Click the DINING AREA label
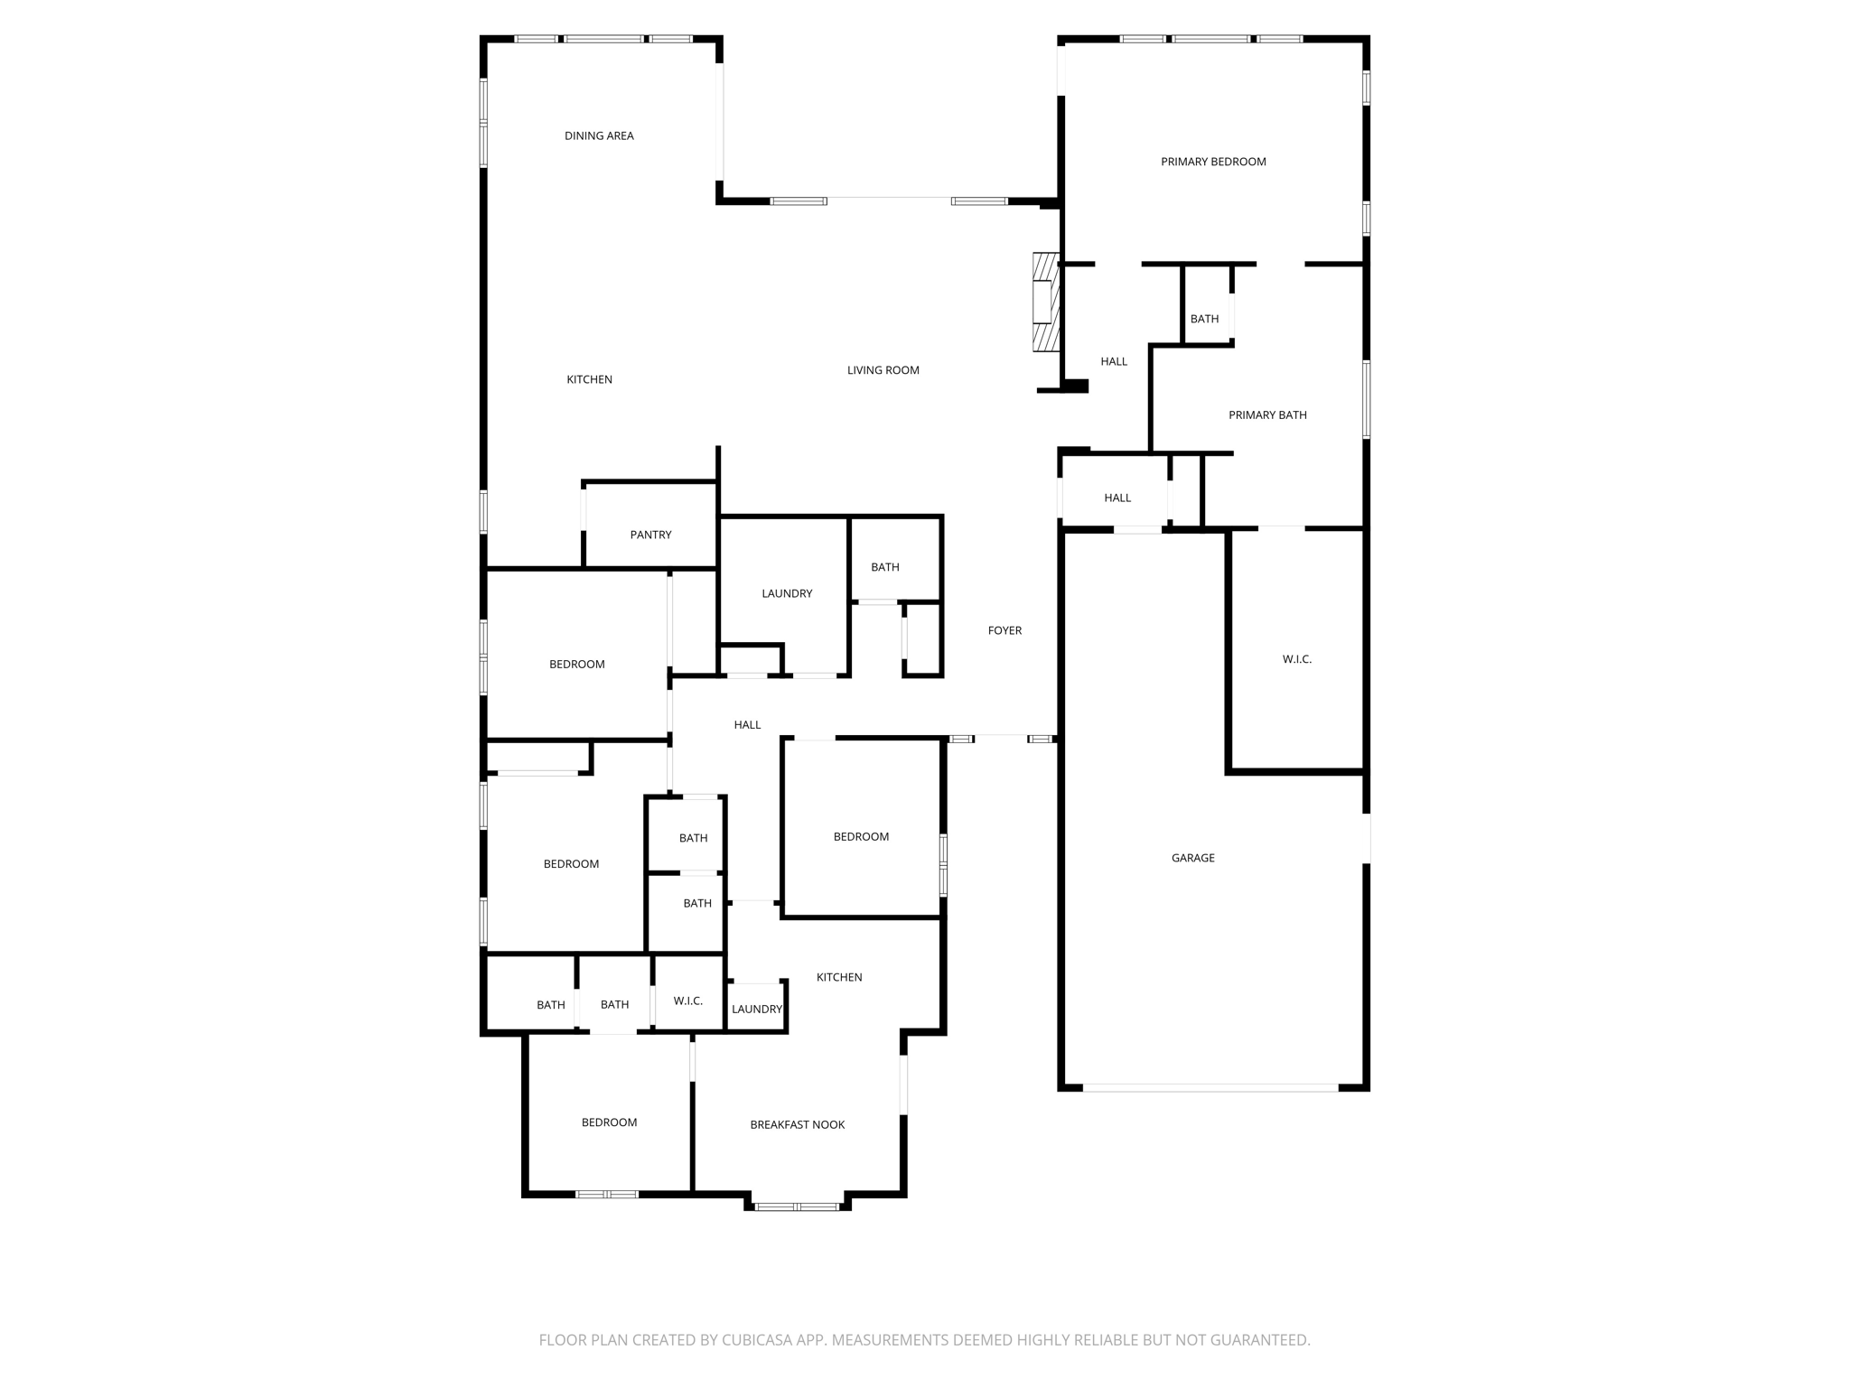(x=599, y=135)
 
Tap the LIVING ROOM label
(x=883, y=370)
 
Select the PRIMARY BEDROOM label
(x=1213, y=162)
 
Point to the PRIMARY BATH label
(x=1267, y=415)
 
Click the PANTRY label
(x=650, y=535)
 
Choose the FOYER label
(x=1004, y=630)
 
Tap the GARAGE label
(x=1192, y=858)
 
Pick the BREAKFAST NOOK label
(x=797, y=1124)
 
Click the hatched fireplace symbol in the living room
(x=1046, y=302)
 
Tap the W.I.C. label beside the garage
(x=1296, y=659)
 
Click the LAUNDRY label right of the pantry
(x=787, y=593)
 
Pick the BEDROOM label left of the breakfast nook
(x=609, y=1122)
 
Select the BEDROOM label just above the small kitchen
(x=861, y=837)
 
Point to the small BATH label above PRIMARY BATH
(x=1204, y=319)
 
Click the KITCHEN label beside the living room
(x=589, y=379)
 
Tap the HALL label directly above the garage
(x=1117, y=498)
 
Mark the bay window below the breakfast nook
(x=797, y=1206)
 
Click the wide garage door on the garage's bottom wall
(x=1210, y=1088)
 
